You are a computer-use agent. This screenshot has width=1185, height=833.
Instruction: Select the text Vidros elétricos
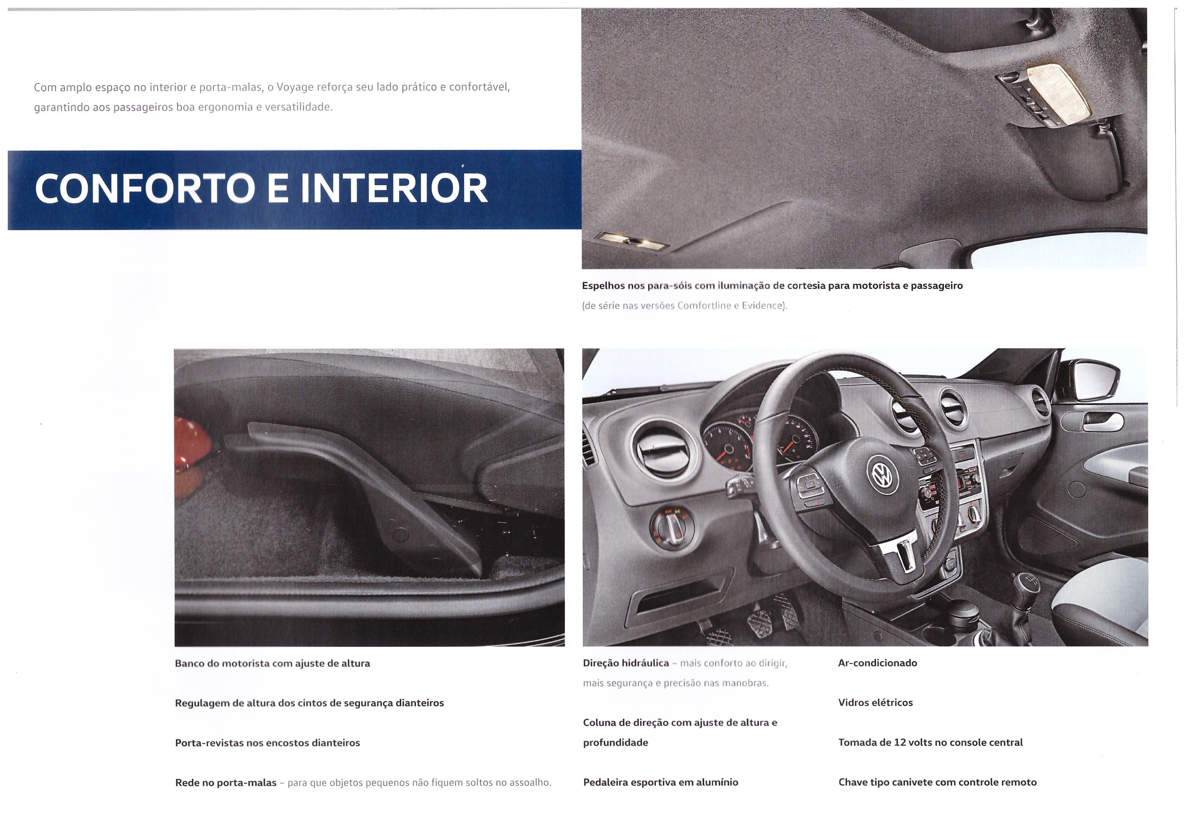coord(875,702)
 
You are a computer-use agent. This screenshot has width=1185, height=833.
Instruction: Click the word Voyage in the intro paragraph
coord(295,87)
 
